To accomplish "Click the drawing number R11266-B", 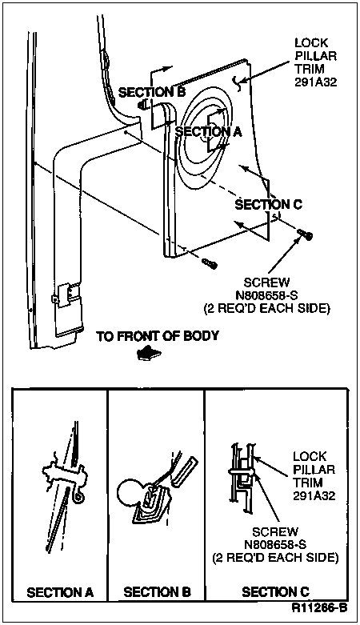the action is click(319, 608).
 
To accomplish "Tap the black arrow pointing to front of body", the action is click(148, 353).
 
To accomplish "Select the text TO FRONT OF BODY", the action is click(158, 336).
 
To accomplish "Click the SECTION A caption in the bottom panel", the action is click(60, 592).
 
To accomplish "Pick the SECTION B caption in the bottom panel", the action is click(157, 592).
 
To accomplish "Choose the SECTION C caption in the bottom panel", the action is click(275, 592).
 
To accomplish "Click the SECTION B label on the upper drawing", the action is click(152, 92).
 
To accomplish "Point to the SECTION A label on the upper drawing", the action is click(209, 131).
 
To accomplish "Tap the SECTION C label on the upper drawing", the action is click(268, 205).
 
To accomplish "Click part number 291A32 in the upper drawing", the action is click(315, 82).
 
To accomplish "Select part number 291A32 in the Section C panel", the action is click(314, 495).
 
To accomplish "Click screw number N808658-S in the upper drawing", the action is click(267, 295).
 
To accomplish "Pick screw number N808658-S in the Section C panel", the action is click(275, 544).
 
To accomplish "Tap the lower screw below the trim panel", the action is click(210, 263).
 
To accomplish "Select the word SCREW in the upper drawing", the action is click(267, 282).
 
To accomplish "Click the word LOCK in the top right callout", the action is click(311, 42).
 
